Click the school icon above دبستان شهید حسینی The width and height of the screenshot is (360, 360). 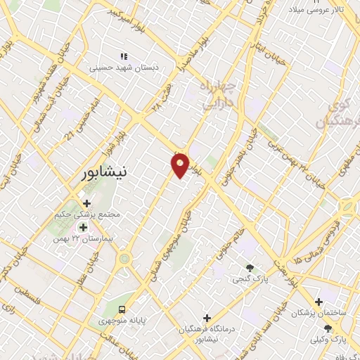click(124, 56)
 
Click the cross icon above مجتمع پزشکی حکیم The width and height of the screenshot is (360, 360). click(86, 203)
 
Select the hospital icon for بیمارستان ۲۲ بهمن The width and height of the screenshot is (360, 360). click(83, 227)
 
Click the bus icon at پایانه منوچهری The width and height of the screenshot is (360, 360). click(122, 309)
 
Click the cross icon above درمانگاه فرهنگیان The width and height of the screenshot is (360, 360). click(206, 318)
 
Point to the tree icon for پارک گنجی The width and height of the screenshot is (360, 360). click(250, 268)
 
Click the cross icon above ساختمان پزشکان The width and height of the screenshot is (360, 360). click(319, 301)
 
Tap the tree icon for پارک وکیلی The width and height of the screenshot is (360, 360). click(328, 328)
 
